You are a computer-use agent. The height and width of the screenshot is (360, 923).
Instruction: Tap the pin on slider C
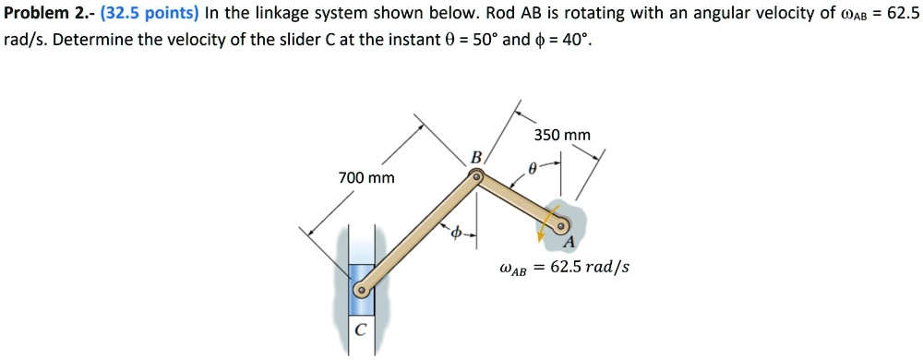pos(363,289)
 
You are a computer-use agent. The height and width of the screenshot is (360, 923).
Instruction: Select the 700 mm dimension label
pos(366,176)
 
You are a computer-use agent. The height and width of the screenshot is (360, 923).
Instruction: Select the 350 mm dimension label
pos(562,136)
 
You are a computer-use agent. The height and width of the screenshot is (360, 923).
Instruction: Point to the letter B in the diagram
pos(476,157)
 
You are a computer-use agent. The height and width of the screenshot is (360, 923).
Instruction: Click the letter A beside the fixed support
pos(569,242)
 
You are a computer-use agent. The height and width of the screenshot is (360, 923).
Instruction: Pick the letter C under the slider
pos(360,330)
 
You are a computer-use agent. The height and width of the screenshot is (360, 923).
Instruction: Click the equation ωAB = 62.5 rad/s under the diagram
pos(563,269)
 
